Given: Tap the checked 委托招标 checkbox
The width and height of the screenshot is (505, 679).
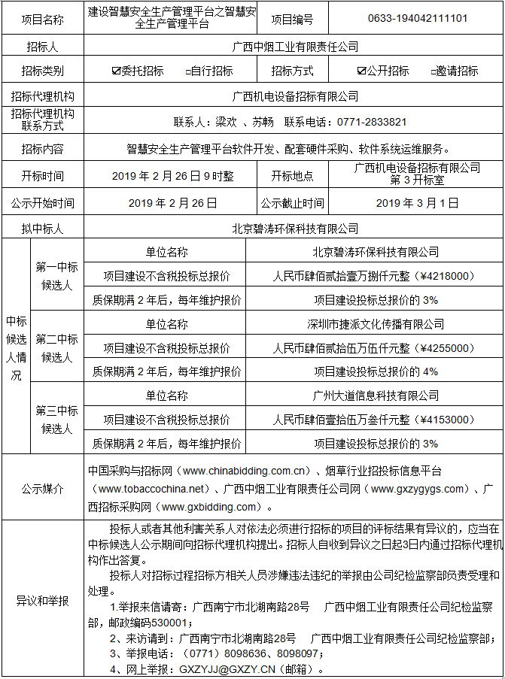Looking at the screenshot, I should [x=115, y=71].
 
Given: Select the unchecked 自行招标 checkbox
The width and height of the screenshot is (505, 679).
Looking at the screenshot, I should [x=188, y=71].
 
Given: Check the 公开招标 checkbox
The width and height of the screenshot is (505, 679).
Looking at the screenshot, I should [x=362, y=71].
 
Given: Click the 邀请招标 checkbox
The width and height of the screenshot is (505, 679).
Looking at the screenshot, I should [x=434, y=71].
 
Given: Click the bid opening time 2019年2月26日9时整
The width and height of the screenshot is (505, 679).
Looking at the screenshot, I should [x=172, y=176].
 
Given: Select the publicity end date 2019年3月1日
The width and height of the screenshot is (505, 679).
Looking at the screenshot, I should [x=417, y=202].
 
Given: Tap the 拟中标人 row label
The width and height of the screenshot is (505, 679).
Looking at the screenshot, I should [x=43, y=228].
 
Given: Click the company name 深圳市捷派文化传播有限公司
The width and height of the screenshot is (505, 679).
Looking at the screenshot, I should [x=376, y=324].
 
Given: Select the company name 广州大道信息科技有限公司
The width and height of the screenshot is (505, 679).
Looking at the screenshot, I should [x=376, y=396].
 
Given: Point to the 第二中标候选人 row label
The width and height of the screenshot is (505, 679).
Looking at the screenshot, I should [x=56, y=348].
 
